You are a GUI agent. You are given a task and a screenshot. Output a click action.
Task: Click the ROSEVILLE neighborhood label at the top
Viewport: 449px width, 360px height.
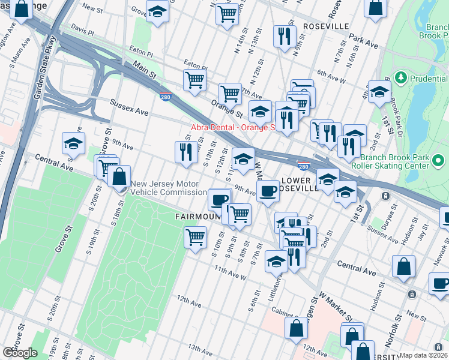326,27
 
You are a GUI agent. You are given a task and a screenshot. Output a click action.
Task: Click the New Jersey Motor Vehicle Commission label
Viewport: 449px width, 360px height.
168,188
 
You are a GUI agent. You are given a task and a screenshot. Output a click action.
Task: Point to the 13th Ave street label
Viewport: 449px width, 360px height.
200,347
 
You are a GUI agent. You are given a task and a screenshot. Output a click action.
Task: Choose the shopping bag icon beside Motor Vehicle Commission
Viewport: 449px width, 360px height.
119,176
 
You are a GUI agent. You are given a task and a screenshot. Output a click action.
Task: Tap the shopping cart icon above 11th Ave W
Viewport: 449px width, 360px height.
195,237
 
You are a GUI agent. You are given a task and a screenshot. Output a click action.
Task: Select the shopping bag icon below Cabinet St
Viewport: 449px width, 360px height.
296,328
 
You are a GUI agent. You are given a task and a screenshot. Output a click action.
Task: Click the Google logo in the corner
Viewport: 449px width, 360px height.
19,353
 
